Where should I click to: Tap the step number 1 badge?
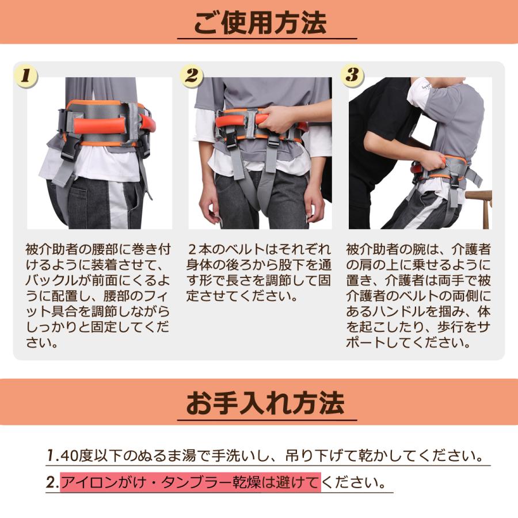click(x=26, y=75)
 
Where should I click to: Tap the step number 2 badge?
click(x=192, y=75)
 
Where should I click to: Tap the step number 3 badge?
click(x=352, y=75)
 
